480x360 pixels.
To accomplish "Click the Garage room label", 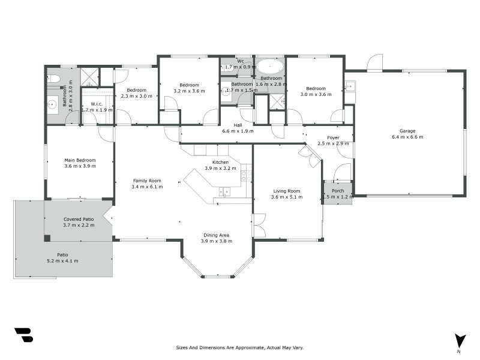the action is [407, 131].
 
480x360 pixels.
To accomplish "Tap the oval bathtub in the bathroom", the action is [270, 67].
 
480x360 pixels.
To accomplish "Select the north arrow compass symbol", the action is [460, 341].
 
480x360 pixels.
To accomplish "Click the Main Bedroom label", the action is [80, 160].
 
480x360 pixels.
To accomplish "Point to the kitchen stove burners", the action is [246, 176].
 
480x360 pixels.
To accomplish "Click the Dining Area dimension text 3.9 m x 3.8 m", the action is [217, 241].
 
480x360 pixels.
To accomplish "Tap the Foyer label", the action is [333, 138].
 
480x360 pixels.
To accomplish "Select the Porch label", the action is [338, 191].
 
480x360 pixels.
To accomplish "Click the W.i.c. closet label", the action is [97, 104].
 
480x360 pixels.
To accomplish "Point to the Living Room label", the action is [287, 191].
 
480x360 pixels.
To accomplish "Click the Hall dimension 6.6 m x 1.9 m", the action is [238, 131].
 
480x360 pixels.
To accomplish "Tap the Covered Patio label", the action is [79, 219].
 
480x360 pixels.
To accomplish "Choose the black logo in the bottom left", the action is [23, 335].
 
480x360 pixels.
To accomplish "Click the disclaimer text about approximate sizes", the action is [240, 347].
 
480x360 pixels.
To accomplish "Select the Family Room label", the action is [147, 181].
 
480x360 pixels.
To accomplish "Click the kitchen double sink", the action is [224, 191].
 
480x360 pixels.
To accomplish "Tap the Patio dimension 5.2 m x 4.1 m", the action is [62, 261].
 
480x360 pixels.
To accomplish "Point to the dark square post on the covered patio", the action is [47, 238].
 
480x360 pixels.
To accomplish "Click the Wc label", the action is [241, 61].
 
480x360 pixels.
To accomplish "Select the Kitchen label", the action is [220, 162].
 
